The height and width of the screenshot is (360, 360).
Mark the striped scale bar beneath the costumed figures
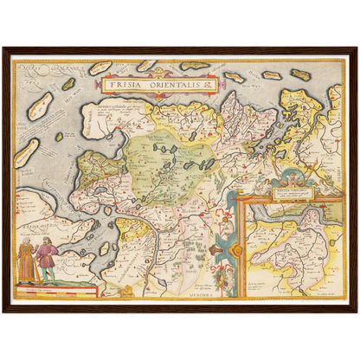pyautogui.click(x=38, y=289)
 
